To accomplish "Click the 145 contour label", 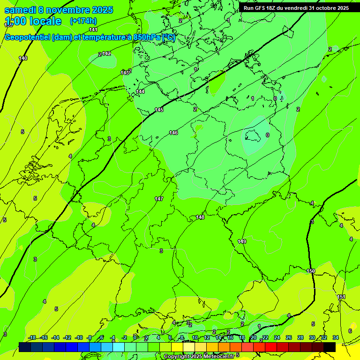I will tap(159, 110).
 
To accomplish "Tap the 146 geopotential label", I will tap(173, 133).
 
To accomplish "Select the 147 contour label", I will tap(159, 199).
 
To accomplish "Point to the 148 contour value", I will tap(200, 217).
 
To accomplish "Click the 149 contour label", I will tap(242, 241).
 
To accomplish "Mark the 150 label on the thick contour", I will tap(311, 271).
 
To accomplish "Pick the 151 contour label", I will tap(341, 297).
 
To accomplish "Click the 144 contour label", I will tap(140, 91).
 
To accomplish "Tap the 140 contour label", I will tap(23, 58).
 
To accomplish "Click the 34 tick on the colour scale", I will tap(336, 337).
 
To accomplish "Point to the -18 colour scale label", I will tap(32, 337).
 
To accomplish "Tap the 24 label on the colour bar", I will tap(277, 337).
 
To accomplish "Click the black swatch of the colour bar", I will tap(330, 347).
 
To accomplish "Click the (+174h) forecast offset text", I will tap(83, 21).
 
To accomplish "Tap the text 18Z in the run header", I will tap(272, 8).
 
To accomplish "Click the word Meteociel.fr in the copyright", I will tap(222, 356).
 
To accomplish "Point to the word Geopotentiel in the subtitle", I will tap(27, 37).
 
